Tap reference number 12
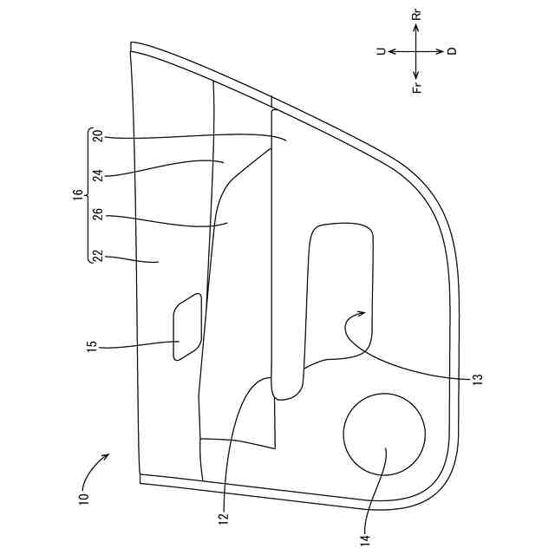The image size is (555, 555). [x=224, y=519]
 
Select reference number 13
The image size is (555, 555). [x=478, y=380]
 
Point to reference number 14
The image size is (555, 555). [x=365, y=540]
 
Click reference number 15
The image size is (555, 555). [x=92, y=346]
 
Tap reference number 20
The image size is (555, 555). [x=98, y=136]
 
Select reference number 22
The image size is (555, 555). [x=98, y=256]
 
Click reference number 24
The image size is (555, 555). [x=98, y=175]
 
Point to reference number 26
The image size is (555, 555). [x=98, y=214]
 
